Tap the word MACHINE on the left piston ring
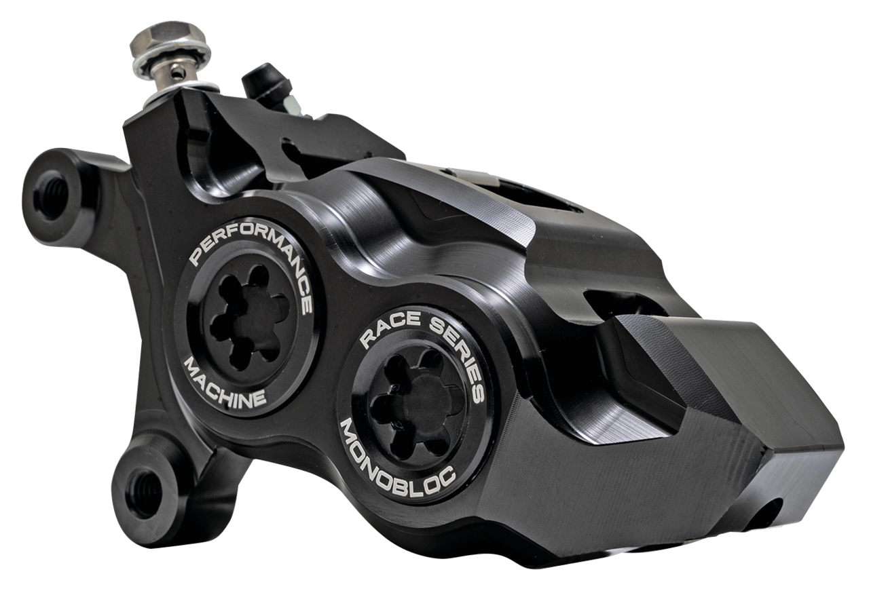[225, 386]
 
